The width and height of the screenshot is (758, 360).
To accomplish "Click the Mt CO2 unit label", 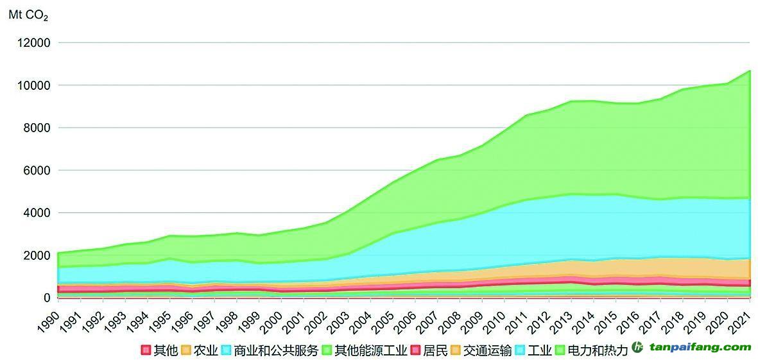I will point(28,13).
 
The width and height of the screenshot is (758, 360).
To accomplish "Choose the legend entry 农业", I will point(200,350).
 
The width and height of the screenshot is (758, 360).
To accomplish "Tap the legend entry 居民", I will point(431,350).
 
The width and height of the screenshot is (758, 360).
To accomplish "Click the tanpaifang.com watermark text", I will point(699,347).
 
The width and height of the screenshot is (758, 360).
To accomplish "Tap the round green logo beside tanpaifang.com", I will point(638,347).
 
